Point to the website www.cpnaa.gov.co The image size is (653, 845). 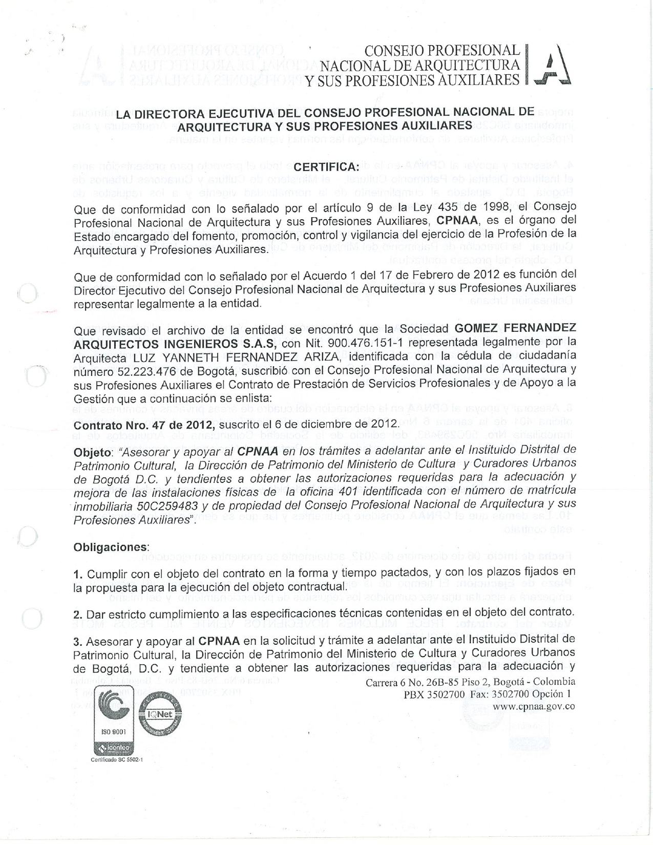click(x=533, y=706)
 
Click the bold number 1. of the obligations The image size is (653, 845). click(x=78, y=572)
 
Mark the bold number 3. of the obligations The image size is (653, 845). click(x=78, y=641)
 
